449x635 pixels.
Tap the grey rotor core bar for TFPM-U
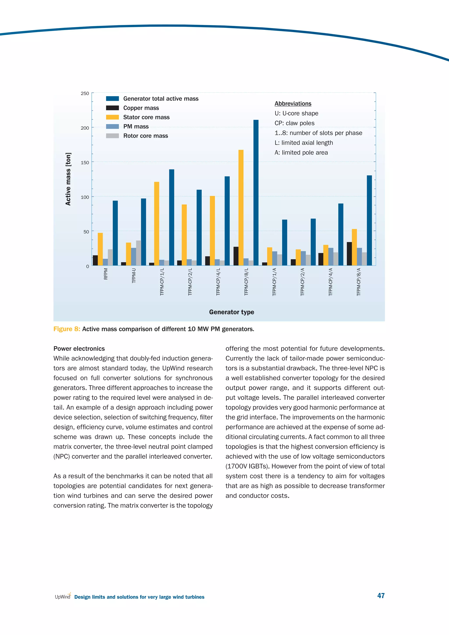tap(139, 253)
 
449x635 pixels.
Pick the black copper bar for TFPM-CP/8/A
tap(349, 254)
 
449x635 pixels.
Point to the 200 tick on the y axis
tap(85, 128)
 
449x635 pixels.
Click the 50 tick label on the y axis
tap(86, 232)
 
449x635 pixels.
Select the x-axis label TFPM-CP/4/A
tap(331, 282)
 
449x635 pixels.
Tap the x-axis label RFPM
tap(106, 274)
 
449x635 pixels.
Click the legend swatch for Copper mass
tap(112, 108)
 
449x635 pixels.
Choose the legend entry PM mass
tap(136, 126)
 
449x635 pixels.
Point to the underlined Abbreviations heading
tap(293, 104)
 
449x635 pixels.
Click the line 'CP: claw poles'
tap(294, 123)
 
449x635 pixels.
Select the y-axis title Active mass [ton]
tap(68, 179)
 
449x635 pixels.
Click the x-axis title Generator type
tap(232, 312)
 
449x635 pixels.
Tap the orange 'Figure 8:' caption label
tap(67, 329)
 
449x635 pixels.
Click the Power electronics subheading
tap(79, 348)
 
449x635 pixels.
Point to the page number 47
tap(381, 596)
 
